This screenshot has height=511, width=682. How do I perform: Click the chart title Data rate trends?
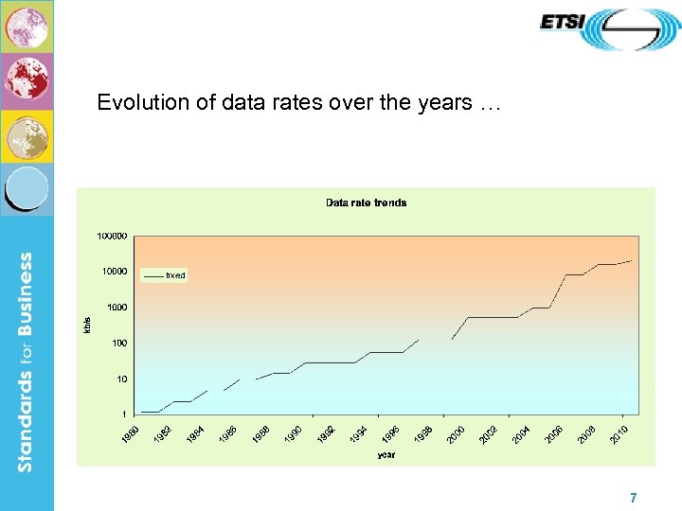(366, 203)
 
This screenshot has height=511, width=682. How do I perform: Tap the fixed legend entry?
(175, 275)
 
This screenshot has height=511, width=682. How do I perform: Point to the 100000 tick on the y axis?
(112, 236)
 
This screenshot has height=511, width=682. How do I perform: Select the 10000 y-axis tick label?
(114, 272)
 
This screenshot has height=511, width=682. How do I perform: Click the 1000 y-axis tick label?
(117, 308)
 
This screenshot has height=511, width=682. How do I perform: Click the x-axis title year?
(386, 455)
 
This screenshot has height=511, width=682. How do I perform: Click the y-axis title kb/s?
(88, 324)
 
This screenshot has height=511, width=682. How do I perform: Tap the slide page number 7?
(633, 498)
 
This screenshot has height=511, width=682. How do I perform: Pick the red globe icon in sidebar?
(27, 80)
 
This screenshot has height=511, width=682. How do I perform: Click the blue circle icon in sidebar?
(27, 189)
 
